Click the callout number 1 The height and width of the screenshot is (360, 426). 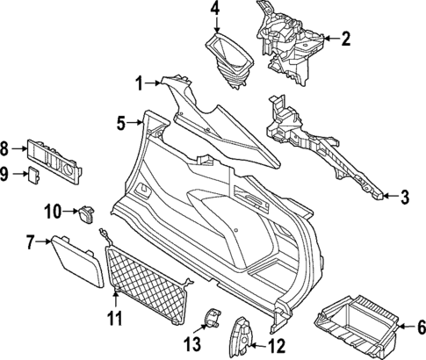138,83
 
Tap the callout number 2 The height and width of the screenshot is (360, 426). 346,39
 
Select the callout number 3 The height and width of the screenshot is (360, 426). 404,198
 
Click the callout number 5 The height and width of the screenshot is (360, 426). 123,123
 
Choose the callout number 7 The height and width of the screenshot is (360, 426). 30,240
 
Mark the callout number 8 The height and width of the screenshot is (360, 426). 6,148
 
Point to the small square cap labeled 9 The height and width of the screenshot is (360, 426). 35,174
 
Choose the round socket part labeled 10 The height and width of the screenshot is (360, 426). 86,213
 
